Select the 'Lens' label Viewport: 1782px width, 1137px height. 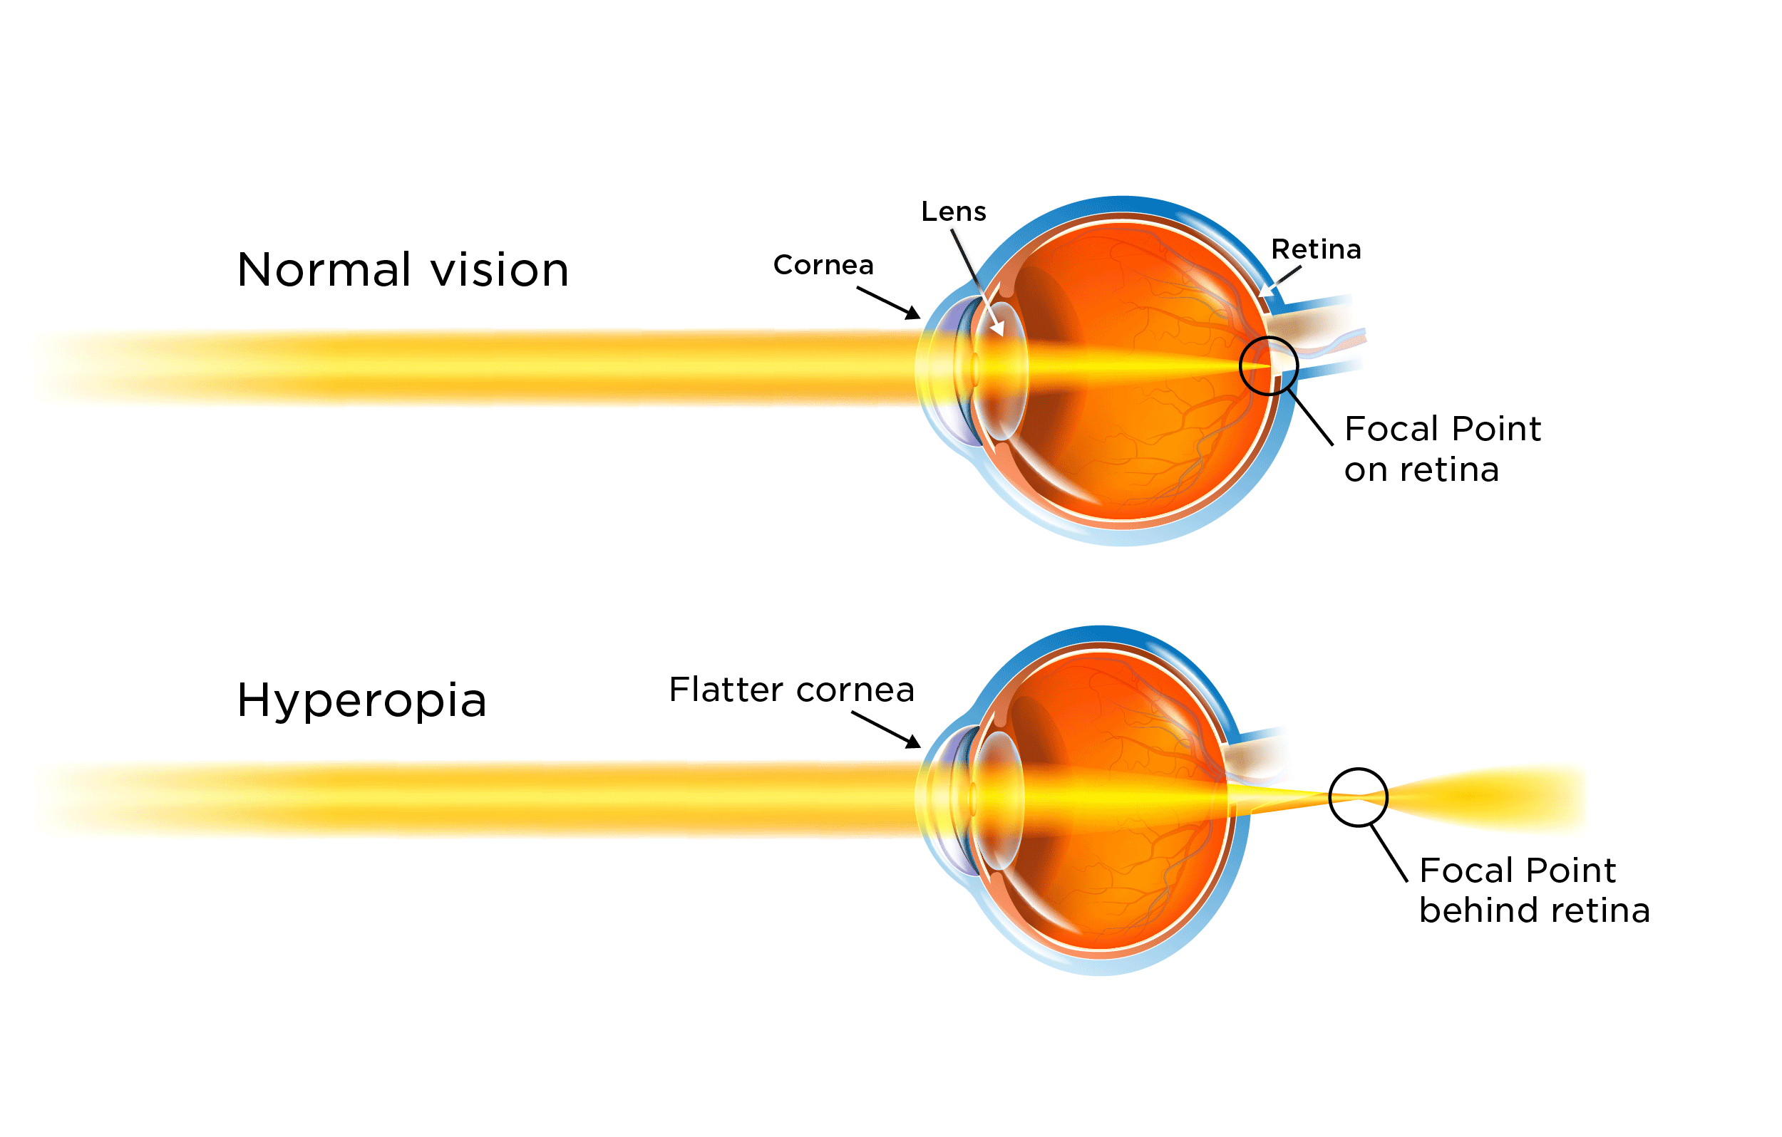(953, 212)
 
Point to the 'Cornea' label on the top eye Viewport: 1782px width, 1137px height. (823, 265)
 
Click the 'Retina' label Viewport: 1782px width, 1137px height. (1316, 249)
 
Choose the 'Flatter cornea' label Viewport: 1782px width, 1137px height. (791, 690)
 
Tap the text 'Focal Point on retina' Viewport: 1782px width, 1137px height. (1441, 449)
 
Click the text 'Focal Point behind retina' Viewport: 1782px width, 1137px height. (1533, 890)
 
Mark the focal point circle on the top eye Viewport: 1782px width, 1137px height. (1268, 365)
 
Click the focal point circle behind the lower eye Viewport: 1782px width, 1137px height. (1358, 796)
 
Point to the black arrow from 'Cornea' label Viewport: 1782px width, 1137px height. (889, 303)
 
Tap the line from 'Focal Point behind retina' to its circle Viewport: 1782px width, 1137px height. (1389, 853)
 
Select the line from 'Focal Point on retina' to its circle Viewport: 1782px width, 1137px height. (1311, 417)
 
